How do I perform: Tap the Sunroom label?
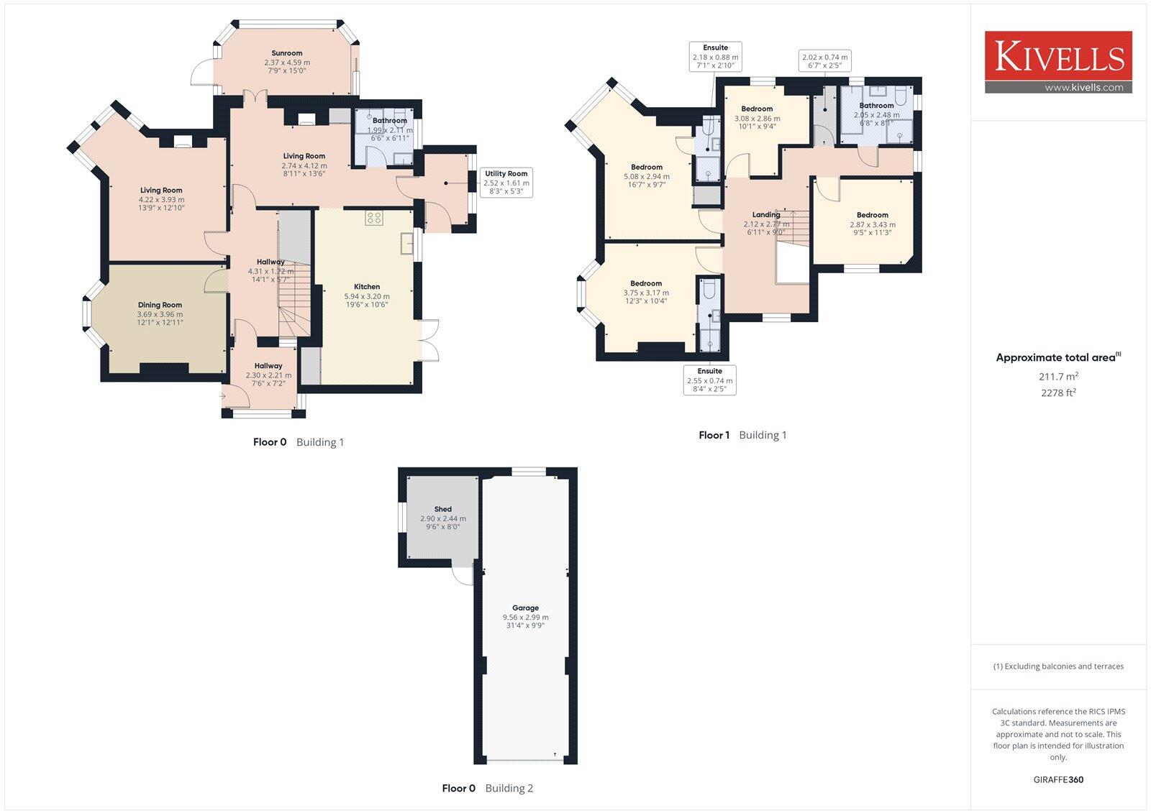point(287,53)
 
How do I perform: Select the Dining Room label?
point(160,306)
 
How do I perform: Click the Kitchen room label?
point(367,287)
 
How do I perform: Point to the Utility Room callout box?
point(506,183)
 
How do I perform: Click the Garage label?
point(525,608)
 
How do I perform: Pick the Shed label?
point(443,510)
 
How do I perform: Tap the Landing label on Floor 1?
point(766,215)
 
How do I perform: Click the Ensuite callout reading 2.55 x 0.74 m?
point(709,380)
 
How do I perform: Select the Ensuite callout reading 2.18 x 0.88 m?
point(715,57)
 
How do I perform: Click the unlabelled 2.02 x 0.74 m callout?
point(824,61)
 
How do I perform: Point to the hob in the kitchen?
point(373,217)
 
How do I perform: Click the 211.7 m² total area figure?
point(1058,376)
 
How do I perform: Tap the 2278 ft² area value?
point(1058,393)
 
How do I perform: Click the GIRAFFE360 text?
point(1058,779)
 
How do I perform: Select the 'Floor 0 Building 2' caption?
point(487,788)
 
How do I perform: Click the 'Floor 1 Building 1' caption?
point(742,435)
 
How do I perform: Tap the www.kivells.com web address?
point(1083,88)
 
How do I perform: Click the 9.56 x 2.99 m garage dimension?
point(525,617)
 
